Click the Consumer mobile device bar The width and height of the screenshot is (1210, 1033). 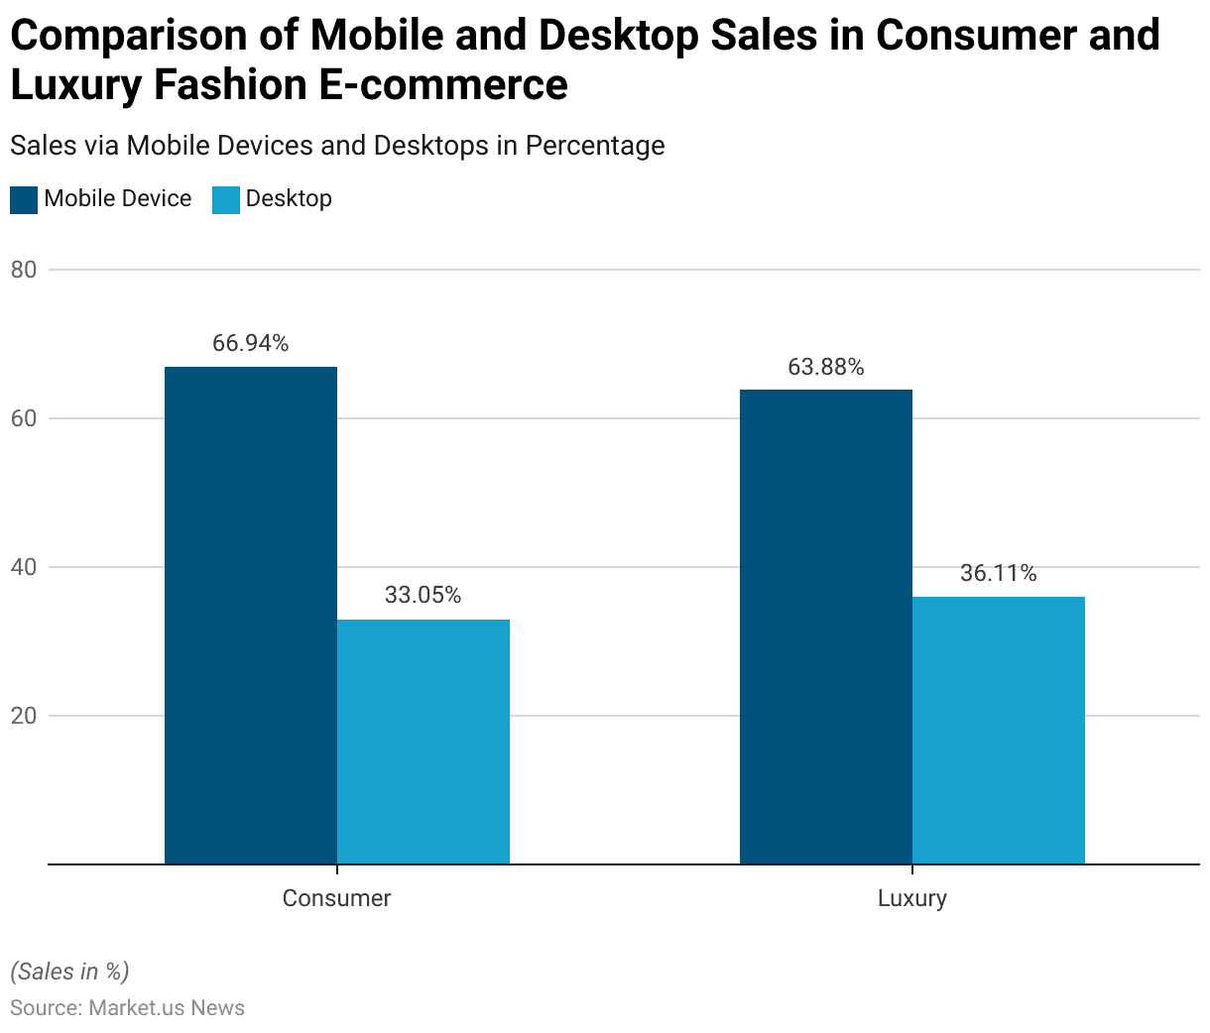(251, 615)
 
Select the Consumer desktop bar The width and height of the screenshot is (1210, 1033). (423, 742)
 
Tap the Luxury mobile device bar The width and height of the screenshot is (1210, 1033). (826, 627)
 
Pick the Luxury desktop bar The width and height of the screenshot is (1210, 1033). (999, 730)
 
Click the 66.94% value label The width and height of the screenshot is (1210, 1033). (251, 344)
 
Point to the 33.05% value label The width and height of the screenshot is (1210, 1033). (423, 596)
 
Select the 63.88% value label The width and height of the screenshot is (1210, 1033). (826, 368)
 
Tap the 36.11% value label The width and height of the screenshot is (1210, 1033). (999, 574)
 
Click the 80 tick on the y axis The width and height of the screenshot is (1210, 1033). (24, 270)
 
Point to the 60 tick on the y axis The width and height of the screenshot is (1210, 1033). (24, 418)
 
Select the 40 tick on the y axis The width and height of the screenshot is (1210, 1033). (24, 567)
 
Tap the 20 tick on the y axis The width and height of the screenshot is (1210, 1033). (24, 716)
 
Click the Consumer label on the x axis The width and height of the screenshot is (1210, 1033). (337, 898)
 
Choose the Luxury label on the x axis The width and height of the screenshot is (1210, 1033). (912, 898)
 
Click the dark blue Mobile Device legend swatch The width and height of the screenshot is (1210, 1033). (24, 199)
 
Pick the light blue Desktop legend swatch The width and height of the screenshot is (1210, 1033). (226, 199)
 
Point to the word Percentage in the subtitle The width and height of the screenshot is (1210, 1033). (595, 146)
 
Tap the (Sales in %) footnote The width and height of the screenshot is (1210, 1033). (69, 972)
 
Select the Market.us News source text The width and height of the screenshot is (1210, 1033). (167, 1008)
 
